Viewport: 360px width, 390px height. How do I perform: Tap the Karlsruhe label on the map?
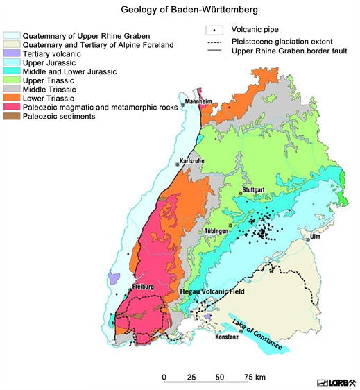(x=192, y=161)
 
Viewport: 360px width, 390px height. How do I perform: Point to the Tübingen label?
(x=233, y=229)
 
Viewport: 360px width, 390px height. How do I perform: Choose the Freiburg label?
(x=142, y=286)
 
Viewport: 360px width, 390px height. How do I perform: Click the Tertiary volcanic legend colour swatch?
(x=12, y=53)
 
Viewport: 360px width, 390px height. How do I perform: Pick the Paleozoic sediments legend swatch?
(x=12, y=117)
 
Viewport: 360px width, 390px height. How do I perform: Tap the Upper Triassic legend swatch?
(x=12, y=80)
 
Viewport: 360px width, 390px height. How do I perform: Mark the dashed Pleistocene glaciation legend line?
(x=215, y=42)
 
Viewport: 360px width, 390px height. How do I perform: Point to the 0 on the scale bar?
(x=164, y=377)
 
